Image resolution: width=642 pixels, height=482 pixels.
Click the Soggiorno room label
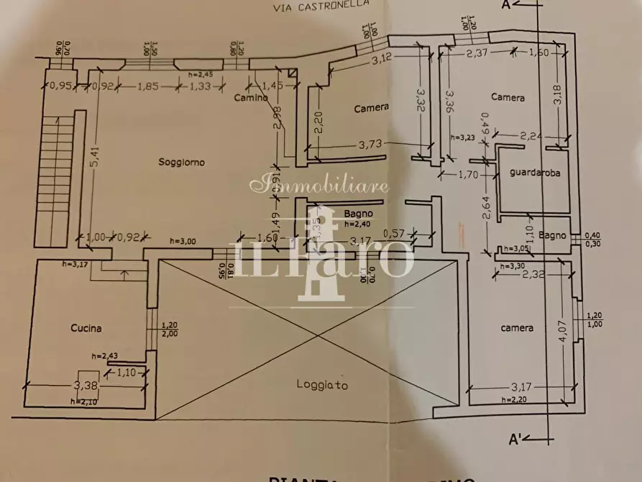coord(181,163)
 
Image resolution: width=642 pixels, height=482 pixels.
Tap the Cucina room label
coord(86,328)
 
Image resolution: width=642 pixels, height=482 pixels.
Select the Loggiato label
coord(322,385)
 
